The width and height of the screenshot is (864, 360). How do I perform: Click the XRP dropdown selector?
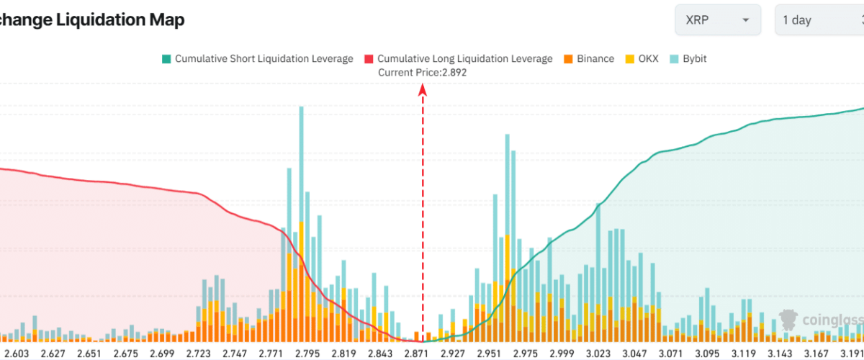(x=717, y=20)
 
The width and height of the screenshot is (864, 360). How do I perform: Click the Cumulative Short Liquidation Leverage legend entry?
(x=257, y=58)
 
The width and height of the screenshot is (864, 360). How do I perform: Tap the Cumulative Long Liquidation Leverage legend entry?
(x=459, y=58)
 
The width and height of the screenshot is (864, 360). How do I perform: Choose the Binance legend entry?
(x=588, y=58)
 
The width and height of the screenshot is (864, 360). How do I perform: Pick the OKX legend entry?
(x=642, y=58)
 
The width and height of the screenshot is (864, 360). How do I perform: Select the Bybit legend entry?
(x=688, y=58)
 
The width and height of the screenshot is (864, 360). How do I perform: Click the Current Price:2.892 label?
(x=422, y=72)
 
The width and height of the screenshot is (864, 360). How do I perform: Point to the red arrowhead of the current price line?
(x=423, y=89)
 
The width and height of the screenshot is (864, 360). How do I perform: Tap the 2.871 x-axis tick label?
(x=417, y=354)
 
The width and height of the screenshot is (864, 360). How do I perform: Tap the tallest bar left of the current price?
(x=301, y=216)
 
